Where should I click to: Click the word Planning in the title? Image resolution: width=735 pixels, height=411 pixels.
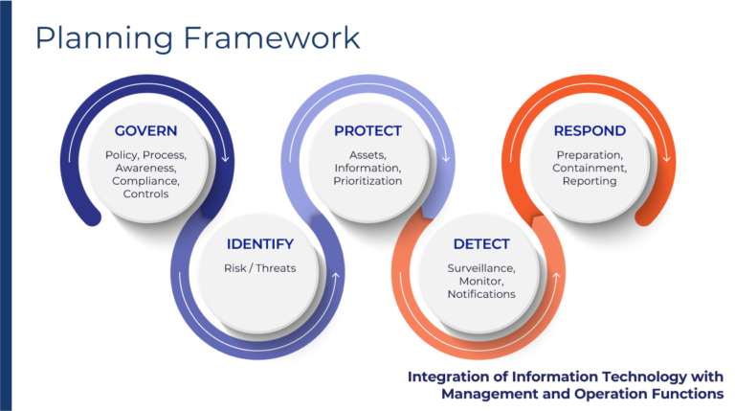tap(104, 39)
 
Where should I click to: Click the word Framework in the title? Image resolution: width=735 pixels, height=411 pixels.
tap(272, 37)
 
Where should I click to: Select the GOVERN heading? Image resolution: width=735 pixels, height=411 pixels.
tap(145, 131)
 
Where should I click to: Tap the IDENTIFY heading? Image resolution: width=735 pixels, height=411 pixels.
tap(260, 244)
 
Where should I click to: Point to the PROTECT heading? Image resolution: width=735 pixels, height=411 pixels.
tap(367, 131)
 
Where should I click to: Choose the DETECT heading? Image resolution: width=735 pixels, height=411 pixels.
tap(481, 244)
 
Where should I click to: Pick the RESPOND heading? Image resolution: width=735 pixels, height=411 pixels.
tap(590, 131)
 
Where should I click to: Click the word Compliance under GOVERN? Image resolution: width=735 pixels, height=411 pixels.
tap(145, 182)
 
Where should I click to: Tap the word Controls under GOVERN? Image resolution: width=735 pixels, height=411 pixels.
tap(145, 194)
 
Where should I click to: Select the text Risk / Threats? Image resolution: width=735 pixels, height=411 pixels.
tap(260, 268)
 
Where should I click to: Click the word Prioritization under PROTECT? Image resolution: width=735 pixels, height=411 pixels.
tap(367, 181)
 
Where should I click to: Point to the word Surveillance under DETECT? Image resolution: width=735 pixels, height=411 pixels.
tap(481, 268)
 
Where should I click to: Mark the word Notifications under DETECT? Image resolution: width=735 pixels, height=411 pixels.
tap(481, 294)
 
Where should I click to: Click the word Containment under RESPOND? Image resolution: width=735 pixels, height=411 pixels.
tap(590, 169)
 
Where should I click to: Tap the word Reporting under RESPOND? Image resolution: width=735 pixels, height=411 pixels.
tap(590, 182)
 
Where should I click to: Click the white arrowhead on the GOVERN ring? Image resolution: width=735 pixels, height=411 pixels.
tap(226, 158)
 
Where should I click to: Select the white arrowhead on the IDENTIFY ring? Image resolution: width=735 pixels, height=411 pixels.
tap(336, 276)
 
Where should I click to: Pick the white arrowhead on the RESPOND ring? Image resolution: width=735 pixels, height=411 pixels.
tap(667, 158)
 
